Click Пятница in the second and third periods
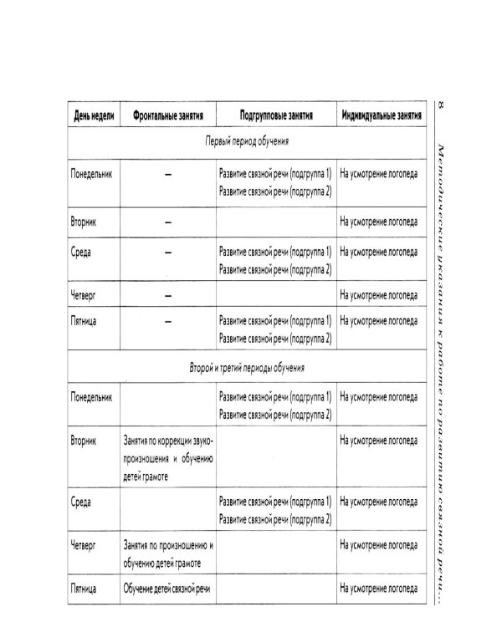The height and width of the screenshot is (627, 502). point(87,590)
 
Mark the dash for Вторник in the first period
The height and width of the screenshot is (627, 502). point(168,222)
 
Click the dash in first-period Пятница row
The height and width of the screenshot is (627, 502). point(168,321)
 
